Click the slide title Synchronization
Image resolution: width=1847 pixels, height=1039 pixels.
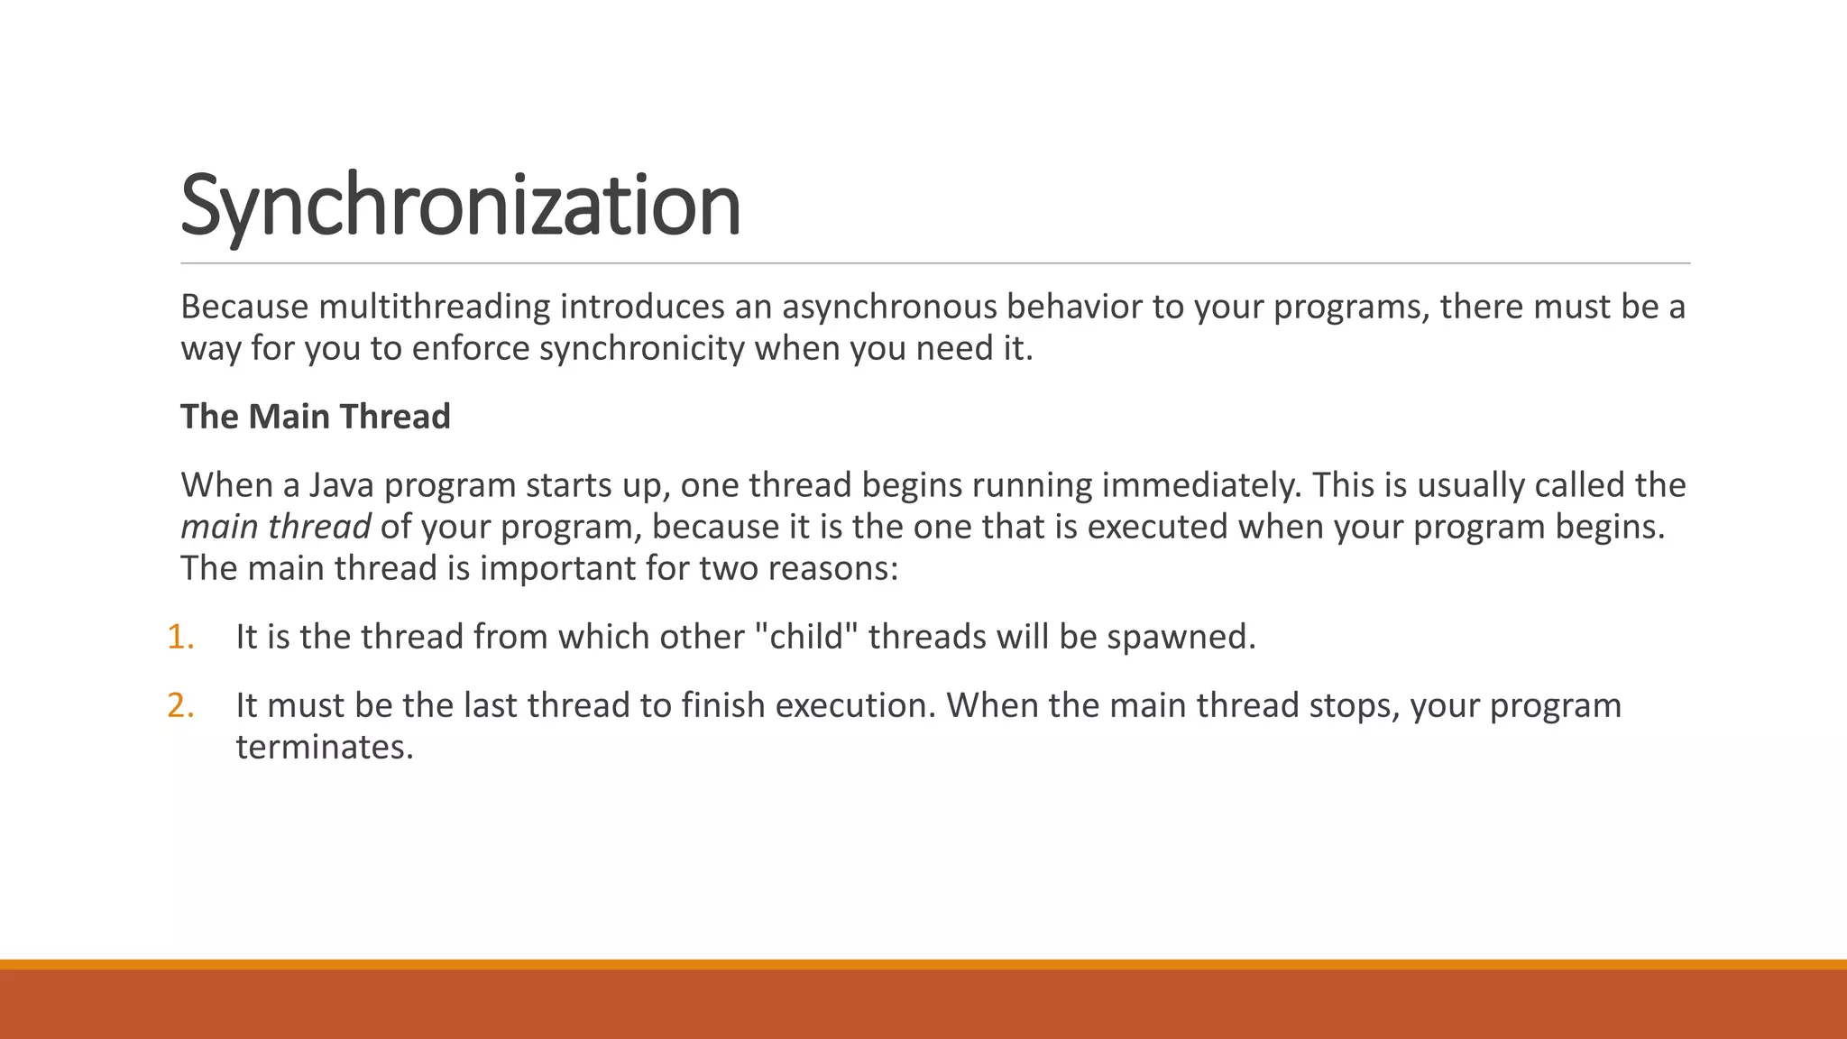(460, 205)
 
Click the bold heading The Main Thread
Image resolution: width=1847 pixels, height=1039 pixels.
(315, 417)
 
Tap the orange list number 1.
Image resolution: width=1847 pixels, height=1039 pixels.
(179, 637)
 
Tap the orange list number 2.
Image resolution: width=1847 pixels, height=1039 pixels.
(179, 705)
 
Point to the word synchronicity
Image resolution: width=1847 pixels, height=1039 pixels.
(641, 349)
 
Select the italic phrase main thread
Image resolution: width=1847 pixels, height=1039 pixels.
(275, 528)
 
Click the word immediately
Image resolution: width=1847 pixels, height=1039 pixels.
(1201, 486)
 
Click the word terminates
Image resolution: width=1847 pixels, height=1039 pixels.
(324, 747)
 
